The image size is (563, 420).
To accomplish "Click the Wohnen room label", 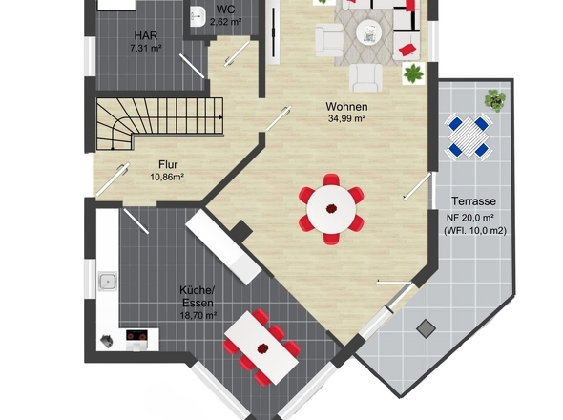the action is click(x=346, y=107).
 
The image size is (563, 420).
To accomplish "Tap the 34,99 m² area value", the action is click(x=346, y=118).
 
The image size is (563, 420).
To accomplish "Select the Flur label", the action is click(x=168, y=164).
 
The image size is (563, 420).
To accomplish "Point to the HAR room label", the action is click(x=146, y=35).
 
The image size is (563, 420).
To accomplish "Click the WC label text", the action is click(x=226, y=10).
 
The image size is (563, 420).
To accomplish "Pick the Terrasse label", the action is click(x=473, y=201).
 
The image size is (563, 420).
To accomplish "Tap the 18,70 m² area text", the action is click(x=198, y=315).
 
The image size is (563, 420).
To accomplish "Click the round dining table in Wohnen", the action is click(x=331, y=209).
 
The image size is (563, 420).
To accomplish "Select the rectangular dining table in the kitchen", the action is click(x=261, y=347).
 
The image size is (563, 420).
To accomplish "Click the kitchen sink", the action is click(x=108, y=282).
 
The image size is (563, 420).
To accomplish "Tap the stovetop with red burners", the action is click(x=136, y=336).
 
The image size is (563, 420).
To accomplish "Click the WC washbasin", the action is click(x=198, y=16).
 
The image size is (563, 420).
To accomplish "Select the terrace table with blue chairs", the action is click(x=469, y=136).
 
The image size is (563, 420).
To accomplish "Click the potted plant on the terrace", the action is click(x=495, y=99).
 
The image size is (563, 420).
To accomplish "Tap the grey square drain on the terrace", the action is click(x=427, y=328).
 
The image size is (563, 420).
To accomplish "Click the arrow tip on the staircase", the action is click(x=222, y=117).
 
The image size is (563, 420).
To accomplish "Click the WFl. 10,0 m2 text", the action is click(x=475, y=231).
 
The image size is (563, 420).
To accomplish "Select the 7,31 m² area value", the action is click(x=146, y=48).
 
